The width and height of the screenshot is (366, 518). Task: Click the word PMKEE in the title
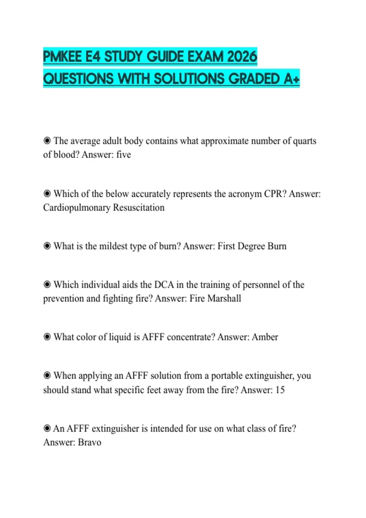click(x=63, y=57)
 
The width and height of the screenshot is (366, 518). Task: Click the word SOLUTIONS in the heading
click(x=189, y=79)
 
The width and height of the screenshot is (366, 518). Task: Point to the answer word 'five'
click(x=124, y=155)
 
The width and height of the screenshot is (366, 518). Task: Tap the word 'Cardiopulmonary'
click(x=77, y=208)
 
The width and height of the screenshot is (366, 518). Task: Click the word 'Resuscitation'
click(x=139, y=208)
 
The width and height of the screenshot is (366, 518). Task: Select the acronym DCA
click(x=164, y=285)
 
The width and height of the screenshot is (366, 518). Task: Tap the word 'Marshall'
click(x=224, y=298)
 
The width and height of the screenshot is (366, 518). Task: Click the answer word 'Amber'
click(x=265, y=337)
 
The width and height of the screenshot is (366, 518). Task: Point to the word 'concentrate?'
click(x=191, y=337)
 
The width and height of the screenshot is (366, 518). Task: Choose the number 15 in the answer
click(x=280, y=390)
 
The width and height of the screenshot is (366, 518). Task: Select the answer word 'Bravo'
click(x=89, y=442)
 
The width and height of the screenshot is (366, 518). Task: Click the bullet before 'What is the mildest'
click(x=47, y=246)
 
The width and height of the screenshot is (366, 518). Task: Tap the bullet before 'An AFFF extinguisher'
click(x=47, y=428)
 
